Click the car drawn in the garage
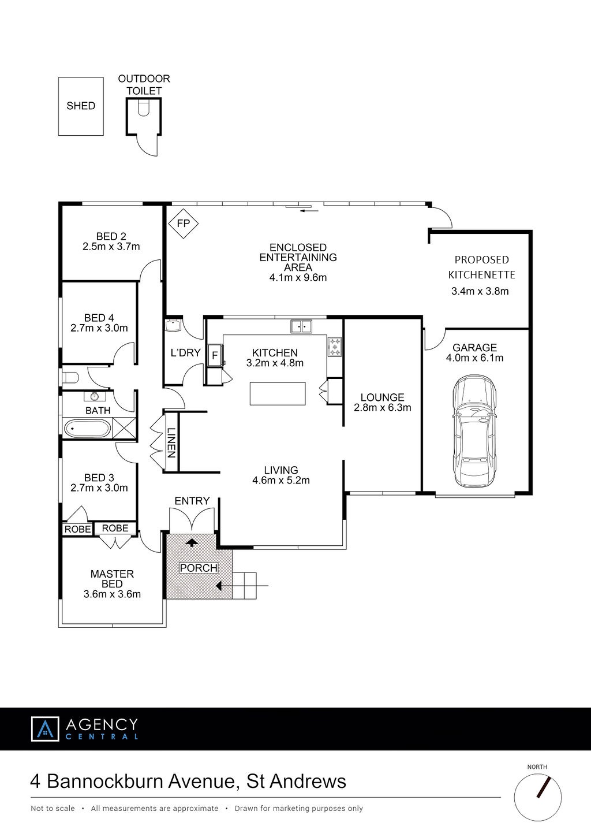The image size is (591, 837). click(474, 431)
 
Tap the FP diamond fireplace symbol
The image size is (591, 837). click(183, 224)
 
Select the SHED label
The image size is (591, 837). click(81, 106)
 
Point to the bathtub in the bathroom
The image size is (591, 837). click(87, 429)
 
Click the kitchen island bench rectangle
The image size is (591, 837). click(278, 393)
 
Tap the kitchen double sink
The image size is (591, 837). click(301, 326)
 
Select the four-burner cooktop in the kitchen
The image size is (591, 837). click(335, 347)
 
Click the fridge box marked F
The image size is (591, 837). click(215, 355)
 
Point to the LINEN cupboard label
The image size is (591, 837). click(171, 443)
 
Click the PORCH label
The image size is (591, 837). click(199, 568)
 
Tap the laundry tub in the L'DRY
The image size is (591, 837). click(173, 325)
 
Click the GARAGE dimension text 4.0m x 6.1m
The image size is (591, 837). click(474, 358)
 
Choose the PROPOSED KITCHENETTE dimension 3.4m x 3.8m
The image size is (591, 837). click(480, 291)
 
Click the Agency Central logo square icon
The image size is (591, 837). click(45, 728)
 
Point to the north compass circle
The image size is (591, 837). click(537, 797)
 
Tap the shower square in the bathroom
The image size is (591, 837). click(124, 428)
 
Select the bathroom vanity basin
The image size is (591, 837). click(95, 396)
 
